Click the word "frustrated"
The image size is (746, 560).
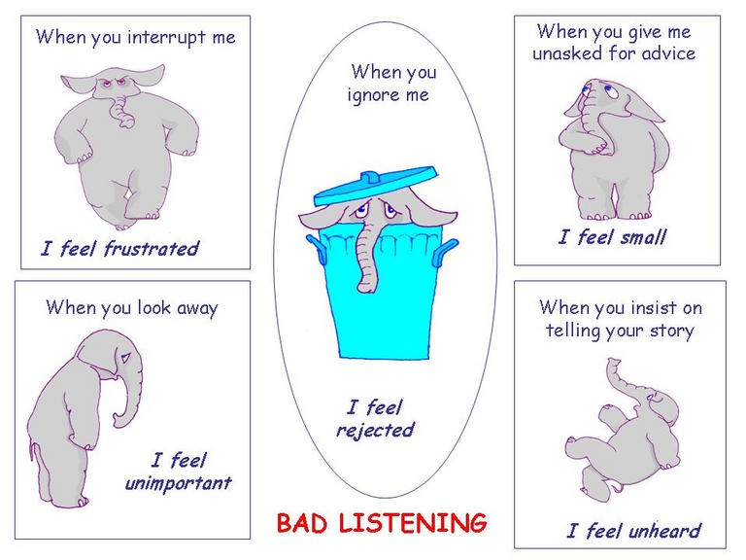(152, 248)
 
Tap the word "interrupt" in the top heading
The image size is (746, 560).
(166, 38)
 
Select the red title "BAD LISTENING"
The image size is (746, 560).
(382, 523)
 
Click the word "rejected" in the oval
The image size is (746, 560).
(375, 431)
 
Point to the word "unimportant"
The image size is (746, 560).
(178, 484)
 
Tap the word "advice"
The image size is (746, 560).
(668, 52)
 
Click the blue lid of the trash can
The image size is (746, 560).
(375, 185)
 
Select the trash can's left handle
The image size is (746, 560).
(317, 248)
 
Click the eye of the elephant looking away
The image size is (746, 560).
(125, 358)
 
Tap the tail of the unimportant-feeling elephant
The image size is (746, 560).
(32, 450)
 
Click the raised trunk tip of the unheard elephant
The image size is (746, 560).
(614, 363)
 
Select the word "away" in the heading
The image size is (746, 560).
(197, 309)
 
